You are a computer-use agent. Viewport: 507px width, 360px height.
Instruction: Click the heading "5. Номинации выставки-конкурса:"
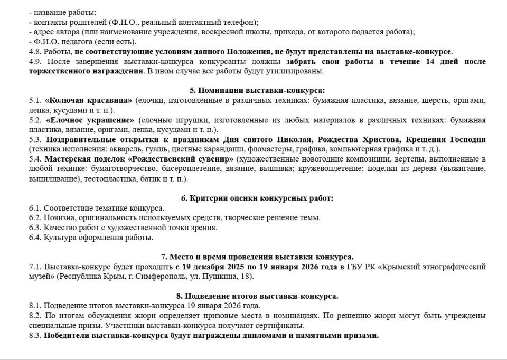click(257, 90)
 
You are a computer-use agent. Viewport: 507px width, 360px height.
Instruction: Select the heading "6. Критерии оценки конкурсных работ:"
click(257, 198)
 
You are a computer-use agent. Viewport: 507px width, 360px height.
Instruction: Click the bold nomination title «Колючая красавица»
click(89, 100)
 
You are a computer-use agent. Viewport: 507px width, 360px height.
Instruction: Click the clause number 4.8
click(35, 52)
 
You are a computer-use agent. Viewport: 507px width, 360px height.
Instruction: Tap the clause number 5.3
click(35, 139)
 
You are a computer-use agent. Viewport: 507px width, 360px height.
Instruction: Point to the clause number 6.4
click(35, 238)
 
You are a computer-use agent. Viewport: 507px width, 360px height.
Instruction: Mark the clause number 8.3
click(35, 335)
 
